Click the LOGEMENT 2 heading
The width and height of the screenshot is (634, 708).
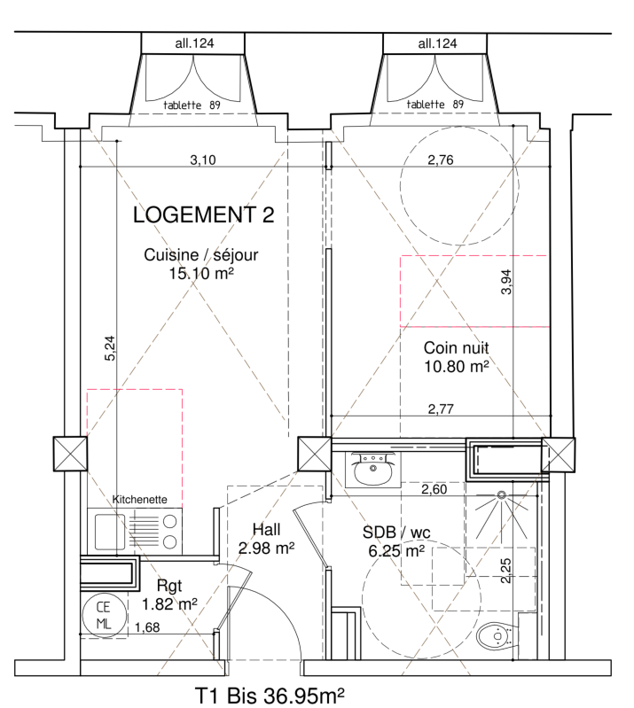203,215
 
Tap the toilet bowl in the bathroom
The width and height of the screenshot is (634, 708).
497,635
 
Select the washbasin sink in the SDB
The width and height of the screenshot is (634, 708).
372,470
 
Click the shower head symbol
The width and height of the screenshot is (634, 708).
501,495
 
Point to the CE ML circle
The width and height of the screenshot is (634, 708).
104,615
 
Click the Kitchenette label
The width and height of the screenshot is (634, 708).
139,500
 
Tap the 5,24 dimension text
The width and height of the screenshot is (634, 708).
110,348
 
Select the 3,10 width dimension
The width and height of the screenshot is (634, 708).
203,159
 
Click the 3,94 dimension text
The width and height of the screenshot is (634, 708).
506,282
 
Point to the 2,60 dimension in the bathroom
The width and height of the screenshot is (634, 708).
434,489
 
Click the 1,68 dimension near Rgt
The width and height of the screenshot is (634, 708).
147,627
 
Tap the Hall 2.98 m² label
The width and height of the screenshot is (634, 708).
267,539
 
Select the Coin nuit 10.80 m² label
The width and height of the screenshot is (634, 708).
457,357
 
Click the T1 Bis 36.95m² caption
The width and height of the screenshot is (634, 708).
270,696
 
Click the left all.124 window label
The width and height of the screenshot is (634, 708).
194,43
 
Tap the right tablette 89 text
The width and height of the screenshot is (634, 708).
435,105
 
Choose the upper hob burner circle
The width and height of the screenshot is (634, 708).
170,522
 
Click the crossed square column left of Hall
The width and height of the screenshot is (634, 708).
315,454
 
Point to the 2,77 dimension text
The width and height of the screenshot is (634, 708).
441,409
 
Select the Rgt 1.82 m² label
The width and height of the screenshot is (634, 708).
169,595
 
